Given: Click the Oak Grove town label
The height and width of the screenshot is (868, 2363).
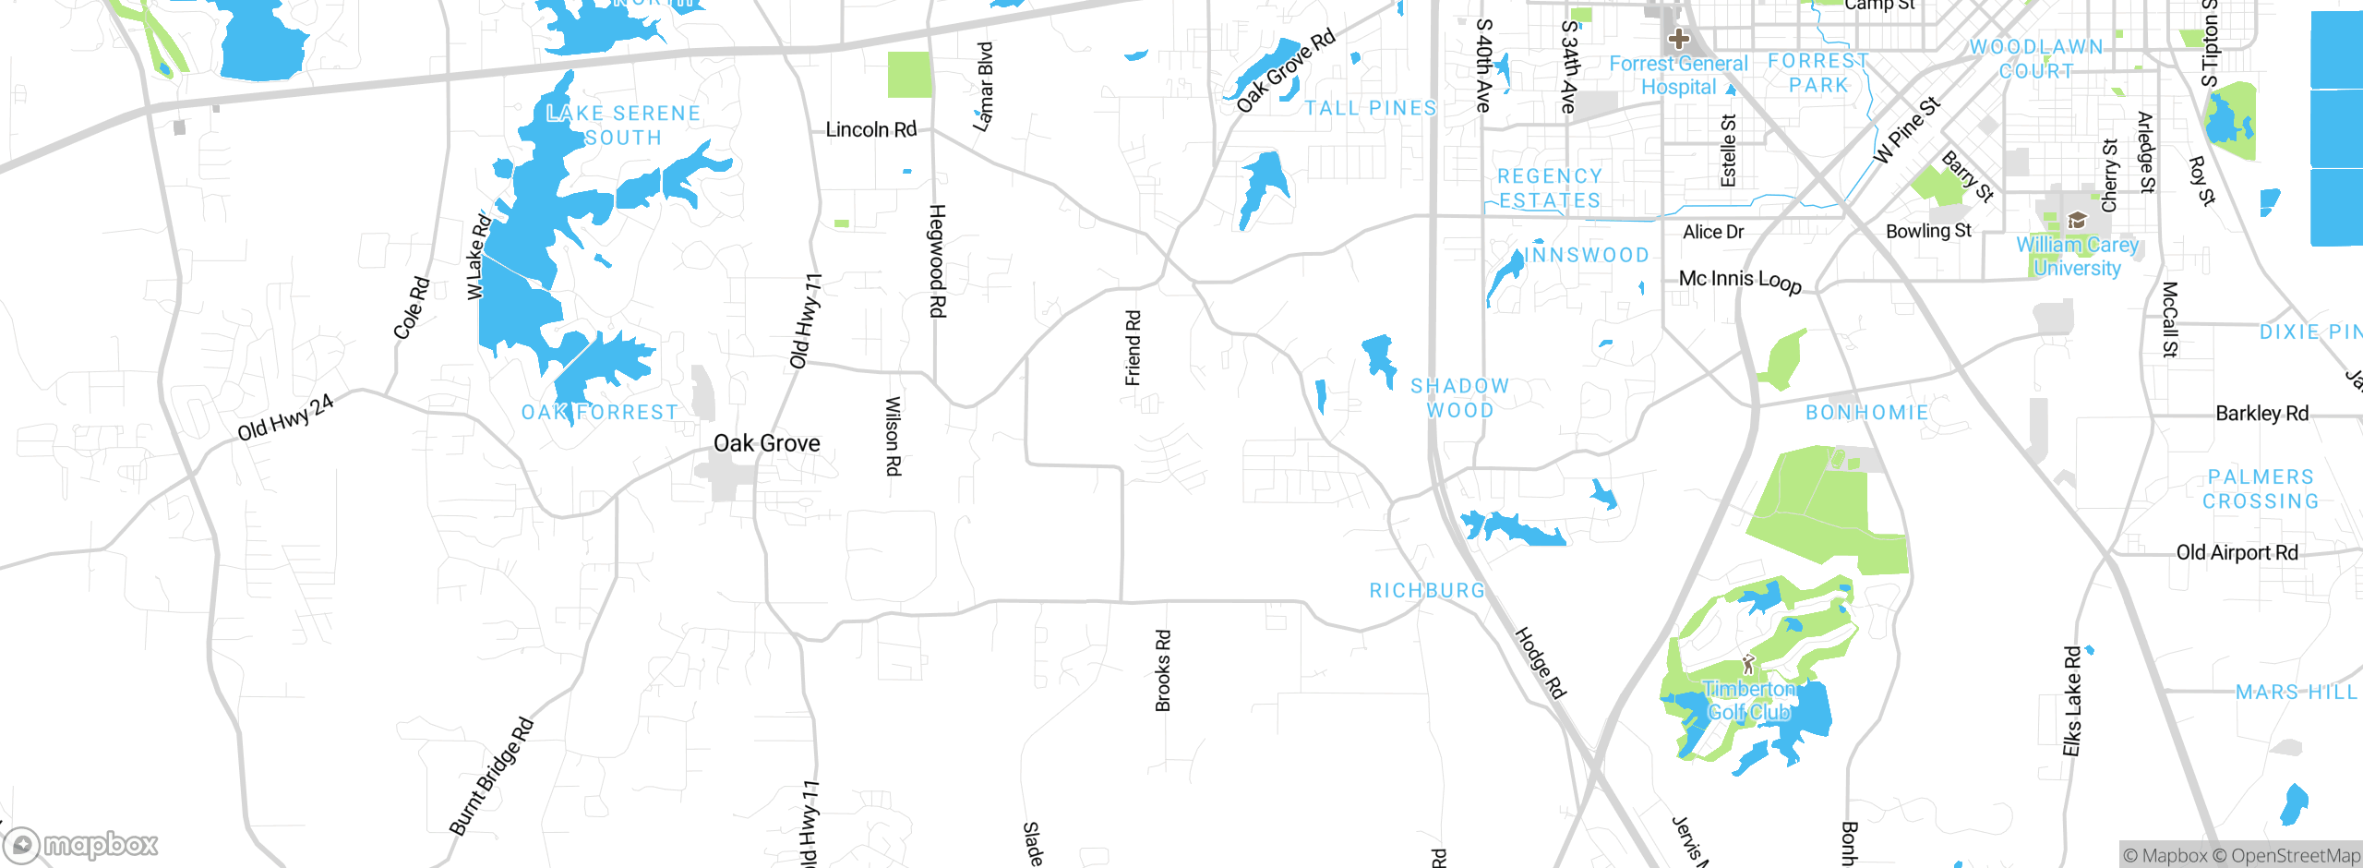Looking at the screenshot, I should pyautogui.click(x=766, y=443).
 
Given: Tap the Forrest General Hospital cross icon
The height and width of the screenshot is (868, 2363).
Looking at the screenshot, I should pyautogui.click(x=1678, y=40).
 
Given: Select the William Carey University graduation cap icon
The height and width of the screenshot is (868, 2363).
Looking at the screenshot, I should pyautogui.click(x=2077, y=220).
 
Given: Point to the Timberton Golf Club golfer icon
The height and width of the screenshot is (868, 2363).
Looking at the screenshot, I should pyautogui.click(x=1747, y=663).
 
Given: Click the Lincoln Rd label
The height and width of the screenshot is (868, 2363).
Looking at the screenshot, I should pyautogui.click(x=870, y=129).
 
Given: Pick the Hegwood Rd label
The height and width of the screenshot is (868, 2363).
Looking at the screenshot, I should pyautogui.click(x=936, y=260).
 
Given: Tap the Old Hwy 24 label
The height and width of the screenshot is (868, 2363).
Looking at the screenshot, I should pyautogui.click(x=285, y=417).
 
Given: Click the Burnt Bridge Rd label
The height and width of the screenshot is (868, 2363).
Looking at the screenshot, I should pyautogui.click(x=491, y=776).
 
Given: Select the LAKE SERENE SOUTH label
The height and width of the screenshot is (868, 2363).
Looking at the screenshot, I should pyautogui.click(x=623, y=126).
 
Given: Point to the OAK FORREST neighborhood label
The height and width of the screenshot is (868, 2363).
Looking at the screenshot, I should pyautogui.click(x=600, y=412).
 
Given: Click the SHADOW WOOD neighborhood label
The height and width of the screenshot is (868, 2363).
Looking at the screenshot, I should pyautogui.click(x=1459, y=398).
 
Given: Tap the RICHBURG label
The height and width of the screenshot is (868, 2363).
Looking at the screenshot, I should pyautogui.click(x=1427, y=590).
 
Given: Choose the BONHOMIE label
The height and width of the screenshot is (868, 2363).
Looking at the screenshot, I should pyautogui.click(x=1866, y=412).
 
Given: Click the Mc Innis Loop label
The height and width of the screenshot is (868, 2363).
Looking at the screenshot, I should pyautogui.click(x=1740, y=280).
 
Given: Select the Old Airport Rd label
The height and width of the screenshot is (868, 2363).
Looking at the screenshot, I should pyautogui.click(x=2237, y=552).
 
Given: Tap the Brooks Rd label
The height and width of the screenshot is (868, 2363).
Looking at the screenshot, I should pyautogui.click(x=1163, y=670).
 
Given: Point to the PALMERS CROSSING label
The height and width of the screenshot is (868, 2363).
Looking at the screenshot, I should pyautogui.click(x=2260, y=489).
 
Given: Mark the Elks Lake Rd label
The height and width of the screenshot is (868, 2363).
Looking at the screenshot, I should pyautogui.click(x=2072, y=701).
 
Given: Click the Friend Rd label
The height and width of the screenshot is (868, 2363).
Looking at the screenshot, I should pyautogui.click(x=1133, y=348).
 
